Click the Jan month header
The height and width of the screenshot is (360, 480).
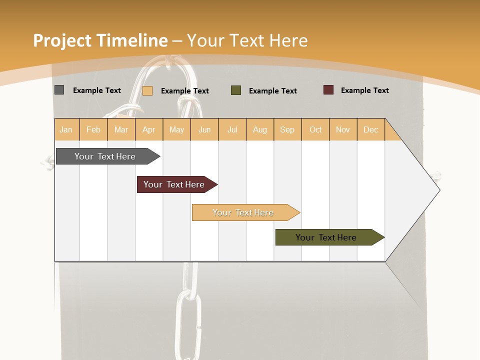click(x=66, y=130)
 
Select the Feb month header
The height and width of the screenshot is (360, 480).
click(x=93, y=130)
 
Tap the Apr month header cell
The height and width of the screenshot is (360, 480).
click(x=149, y=130)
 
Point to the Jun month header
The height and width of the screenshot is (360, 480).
click(x=204, y=130)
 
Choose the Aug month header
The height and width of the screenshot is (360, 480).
click(x=260, y=130)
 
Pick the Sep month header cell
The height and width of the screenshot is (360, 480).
click(x=287, y=130)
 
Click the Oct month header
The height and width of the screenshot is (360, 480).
click(x=315, y=130)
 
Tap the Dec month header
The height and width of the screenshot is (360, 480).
click(x=371, y=130)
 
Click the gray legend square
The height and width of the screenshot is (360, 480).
click(x=59, y=90)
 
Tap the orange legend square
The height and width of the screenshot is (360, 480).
click(x=147, y=90)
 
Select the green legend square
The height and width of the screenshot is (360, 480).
click(x=236, y=90)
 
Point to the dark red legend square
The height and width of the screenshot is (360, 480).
click(x=328, y=90)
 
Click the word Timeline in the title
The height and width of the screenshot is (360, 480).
click(x=132, y=40)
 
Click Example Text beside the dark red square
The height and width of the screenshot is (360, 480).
click(x=364, y=90)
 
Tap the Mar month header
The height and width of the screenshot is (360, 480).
click(x=121, y=130)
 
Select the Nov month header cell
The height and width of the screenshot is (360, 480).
click(x=343, y=130)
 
